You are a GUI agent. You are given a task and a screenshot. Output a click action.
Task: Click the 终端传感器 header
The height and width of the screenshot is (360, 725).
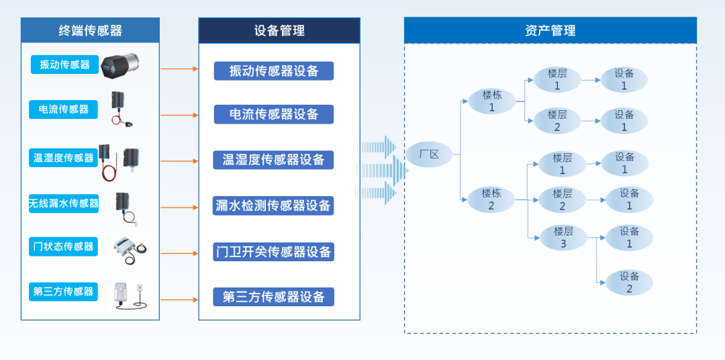coord(90,30)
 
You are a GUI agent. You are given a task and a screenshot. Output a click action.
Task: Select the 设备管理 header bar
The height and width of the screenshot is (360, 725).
coord(279,30)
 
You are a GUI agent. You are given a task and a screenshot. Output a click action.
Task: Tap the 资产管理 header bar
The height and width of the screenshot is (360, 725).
coord(550,30)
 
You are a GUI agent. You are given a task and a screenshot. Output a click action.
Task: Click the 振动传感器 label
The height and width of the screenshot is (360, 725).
coord(64,64)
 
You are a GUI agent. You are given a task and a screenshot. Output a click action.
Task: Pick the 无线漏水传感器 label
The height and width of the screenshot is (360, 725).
coord(64,203)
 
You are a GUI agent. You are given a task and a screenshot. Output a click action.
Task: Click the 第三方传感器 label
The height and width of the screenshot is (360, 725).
coord(64,291)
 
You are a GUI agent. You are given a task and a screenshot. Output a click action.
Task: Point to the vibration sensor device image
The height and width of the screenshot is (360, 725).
coord(123,65)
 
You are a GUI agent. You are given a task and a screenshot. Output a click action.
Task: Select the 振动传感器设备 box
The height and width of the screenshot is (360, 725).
coord(274,71)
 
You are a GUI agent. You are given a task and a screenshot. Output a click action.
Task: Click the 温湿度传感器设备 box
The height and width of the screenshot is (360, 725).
coord(274,160)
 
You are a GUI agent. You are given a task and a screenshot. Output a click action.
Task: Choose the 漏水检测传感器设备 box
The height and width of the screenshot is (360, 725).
coord(274,206)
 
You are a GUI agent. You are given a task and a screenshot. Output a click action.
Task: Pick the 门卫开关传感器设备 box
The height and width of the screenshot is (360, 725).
coord(274,252)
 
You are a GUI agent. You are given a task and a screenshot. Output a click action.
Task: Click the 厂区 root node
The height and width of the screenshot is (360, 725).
coord(428,155)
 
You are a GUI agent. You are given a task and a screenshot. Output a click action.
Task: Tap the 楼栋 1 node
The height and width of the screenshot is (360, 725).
coord(491,101)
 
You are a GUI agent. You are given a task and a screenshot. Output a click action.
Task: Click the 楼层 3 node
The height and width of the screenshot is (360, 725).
coord(563,238)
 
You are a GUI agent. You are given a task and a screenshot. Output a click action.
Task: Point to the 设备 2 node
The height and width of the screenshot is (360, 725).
coord(629,283)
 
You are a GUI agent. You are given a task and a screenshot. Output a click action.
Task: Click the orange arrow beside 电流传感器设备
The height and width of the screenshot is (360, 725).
coord(179,116)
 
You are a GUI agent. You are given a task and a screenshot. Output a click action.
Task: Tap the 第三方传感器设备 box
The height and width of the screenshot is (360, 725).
coord(274,297)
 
